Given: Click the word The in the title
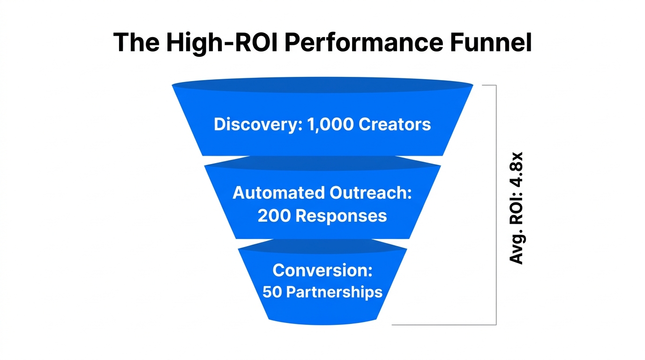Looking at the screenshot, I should pos(135,43).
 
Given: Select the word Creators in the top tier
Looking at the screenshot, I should pos(395,124).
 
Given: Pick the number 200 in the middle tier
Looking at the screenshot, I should pos(274,216).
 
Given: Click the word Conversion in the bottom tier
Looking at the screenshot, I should pos(322,270).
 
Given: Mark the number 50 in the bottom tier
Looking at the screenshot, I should pos(271,292).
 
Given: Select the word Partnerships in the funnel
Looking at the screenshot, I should pos(334,292).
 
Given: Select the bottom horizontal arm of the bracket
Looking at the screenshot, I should pos(443,324).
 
